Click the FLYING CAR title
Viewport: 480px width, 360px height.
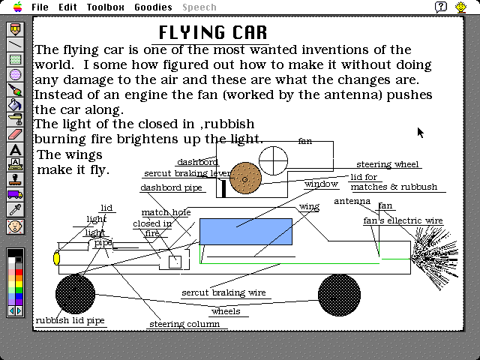pyautogui.click(x=213, y=33)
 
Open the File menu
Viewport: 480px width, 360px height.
pyautogui.click(x=40, y=7)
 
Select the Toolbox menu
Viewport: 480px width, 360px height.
pyautogui.click(x=105, y=7)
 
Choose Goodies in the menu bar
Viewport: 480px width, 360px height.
pyautogui.click(x=153, y=7)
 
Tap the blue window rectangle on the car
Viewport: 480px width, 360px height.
pyautogui.click(x=246, y=232)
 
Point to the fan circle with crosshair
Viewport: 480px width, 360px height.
pyautogui.click(x=273, y=157)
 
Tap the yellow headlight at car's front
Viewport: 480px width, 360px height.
pyautogui.click(x=56, y=258)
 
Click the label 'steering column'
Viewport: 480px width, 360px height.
pyautogui.click(x=184, y=325)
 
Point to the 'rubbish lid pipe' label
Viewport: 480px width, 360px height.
pyautogui.click(x=70, y=320)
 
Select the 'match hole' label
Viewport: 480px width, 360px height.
pyautogui.click(x=166, y=213)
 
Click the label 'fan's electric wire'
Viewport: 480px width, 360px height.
pyautogui.click(x=403, y=221)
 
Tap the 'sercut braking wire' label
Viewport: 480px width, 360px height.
pyautogui.click(x=223, y=292)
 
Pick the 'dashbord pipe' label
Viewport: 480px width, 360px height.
pyautogui.click(x=172, y=188)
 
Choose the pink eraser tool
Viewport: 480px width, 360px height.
pyautogui.click(x=15, y=134)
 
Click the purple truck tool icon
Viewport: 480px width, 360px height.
pyautogui.click(x=15, y=194)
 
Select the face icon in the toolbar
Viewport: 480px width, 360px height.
pyautogui.click(x=15, y=225)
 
